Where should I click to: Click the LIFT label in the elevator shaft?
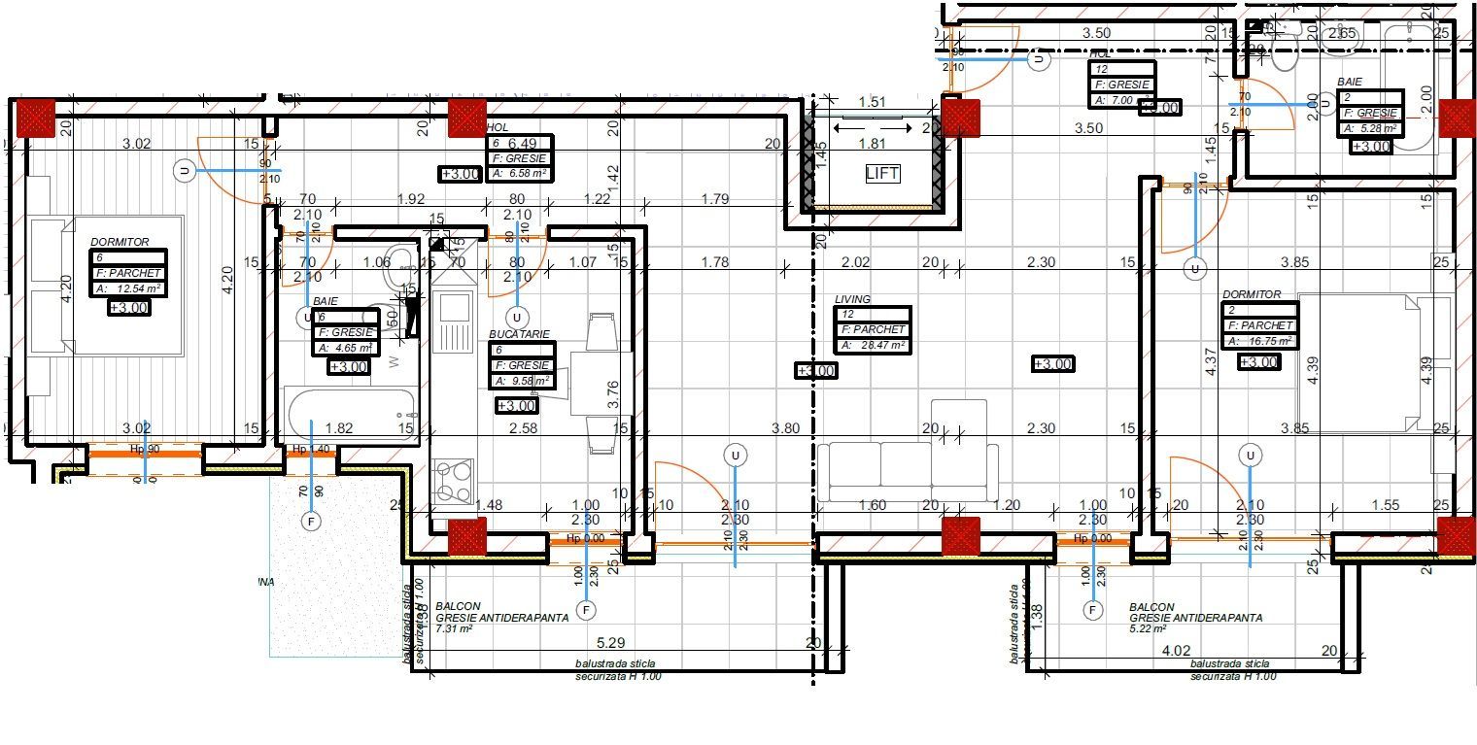[x=881, y=174]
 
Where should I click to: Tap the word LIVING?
[x=852, y=299]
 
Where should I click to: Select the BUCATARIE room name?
[x=519, y=334]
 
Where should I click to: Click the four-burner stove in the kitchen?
[x=452, y=480]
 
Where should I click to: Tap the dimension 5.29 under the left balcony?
[x=609, y=642]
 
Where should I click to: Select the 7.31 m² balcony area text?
[x=454, y=628]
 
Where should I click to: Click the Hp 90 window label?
[x=144, y=450]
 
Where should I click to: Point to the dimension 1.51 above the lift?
[x=872, y=102]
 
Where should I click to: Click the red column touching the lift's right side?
[x=961, y=119]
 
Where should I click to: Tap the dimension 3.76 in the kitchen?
[x=612, y=390]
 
